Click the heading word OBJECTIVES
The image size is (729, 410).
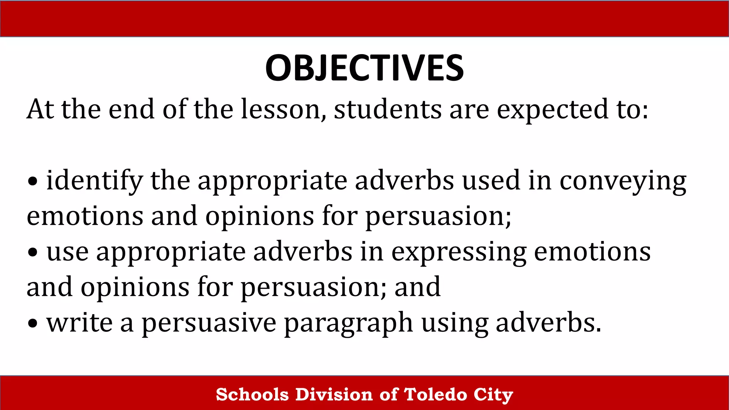coord(364,68)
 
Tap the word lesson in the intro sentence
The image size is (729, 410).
coord(283,109)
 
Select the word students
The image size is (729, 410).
coord(388,109)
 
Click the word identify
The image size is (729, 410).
coord(95,181)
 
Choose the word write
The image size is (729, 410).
coord(79,323)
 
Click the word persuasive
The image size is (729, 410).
coord(209,324)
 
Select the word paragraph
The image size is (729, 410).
coord(348,324)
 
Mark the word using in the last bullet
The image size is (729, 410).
coord(455,324)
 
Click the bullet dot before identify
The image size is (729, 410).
coord(33,182)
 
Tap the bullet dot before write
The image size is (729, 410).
coord(33,324)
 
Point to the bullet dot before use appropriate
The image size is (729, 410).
coord(33,253)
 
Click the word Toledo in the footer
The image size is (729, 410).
coord(435,394)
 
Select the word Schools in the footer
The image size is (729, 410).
coord(252,394)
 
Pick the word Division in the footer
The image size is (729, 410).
coord(334,394)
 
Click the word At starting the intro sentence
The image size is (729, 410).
coord(40,109)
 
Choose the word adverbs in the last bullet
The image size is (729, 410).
coord(548,323)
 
